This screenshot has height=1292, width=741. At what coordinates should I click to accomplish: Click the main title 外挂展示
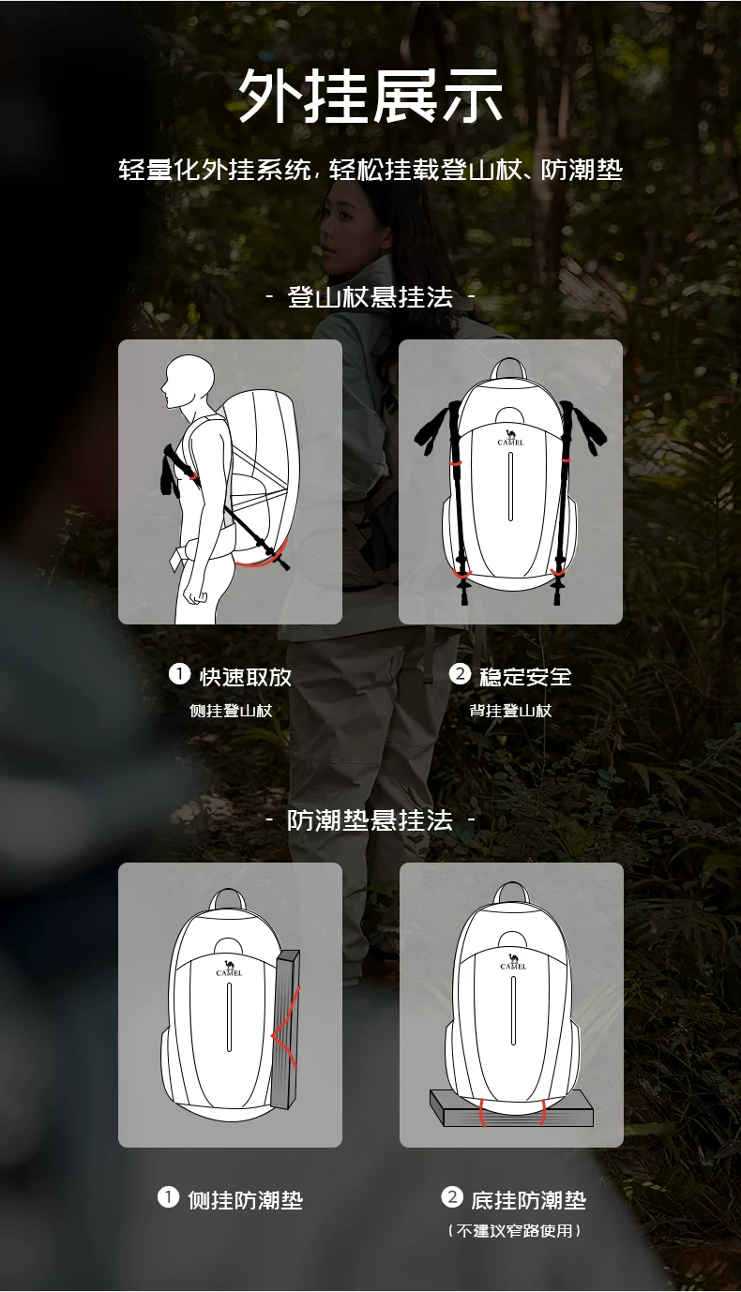coord(370,96)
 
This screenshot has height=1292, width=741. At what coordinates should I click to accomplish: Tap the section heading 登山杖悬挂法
coord(370,297)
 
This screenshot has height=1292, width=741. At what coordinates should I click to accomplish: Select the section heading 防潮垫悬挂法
coord(370,820)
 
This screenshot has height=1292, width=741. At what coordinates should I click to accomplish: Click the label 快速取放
coord(246,677)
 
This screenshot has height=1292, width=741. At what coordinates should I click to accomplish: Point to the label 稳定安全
coord(526,677)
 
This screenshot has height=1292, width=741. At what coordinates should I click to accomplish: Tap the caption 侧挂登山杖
coord(231,711)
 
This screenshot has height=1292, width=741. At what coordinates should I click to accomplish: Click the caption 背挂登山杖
coord(510,711)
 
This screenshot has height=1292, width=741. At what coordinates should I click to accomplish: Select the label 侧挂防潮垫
coord(245,1200)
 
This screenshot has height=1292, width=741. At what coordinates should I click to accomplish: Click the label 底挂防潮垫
coord(529,1200)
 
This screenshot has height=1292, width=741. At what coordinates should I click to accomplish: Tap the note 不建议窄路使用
coord(514,1231)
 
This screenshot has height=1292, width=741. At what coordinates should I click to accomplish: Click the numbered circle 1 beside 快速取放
coord(179,674)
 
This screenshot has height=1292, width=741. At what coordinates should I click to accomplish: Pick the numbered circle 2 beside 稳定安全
coord(460,674)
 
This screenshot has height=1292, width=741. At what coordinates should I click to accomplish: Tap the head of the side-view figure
coord(188,381)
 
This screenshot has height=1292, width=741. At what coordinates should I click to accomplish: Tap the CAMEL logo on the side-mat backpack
coord(229,969)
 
